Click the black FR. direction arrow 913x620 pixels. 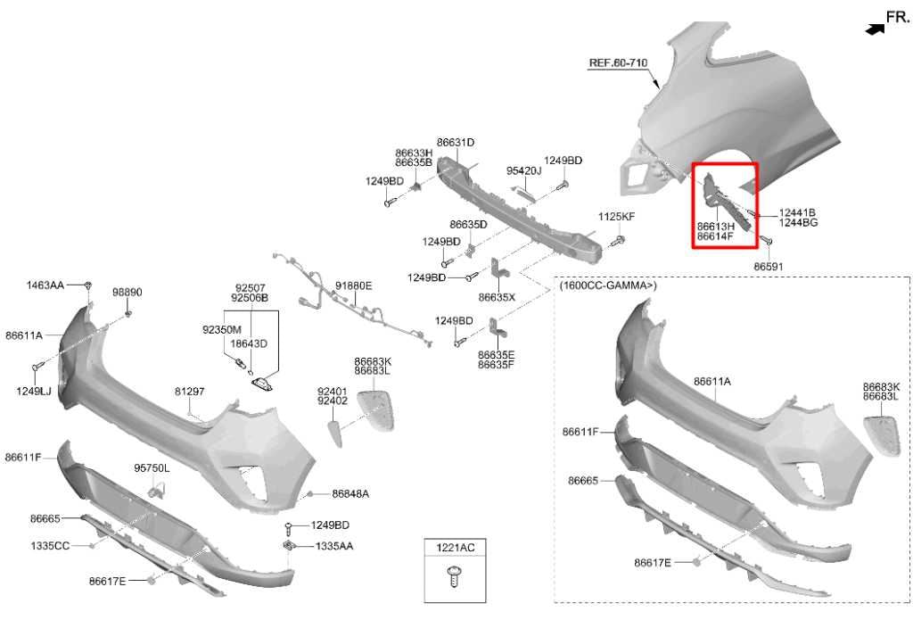(x=875, y=29)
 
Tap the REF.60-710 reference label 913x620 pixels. (x=618, y=62)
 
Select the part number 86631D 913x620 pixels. (x=456, y=142)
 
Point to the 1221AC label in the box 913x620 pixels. (x=456, y=548)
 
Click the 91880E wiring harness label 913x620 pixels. (x=353, y=285)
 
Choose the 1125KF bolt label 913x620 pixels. (x=617, y=216)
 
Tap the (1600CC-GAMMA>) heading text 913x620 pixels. (x=608, y=285)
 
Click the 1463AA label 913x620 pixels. (x=45, y=285)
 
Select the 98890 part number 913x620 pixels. (x=127, y=292)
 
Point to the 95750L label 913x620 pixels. (x=152, y=468)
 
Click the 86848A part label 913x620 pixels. (x=350, y=493)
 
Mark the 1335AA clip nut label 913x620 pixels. (x=334, y=546)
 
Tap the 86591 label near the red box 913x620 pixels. (x=769, y=267)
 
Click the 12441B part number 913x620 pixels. (x=797, y=213)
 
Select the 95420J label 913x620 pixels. (x=523, y=170)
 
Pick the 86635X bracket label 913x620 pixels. (x=497, y=297)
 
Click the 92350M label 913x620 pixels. (x=222, y=330)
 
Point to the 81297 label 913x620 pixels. (x=189, y=392)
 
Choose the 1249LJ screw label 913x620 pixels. (x=34, y=391)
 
